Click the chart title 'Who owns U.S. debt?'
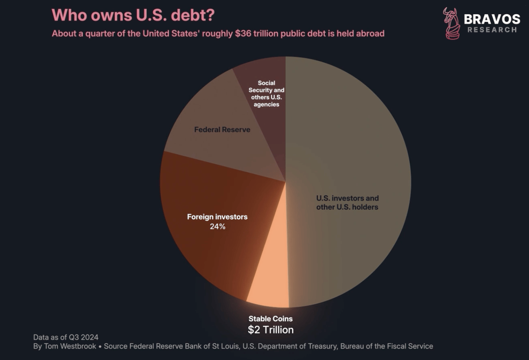(133, 15)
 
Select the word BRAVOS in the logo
(492, 19)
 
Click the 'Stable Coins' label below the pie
(271, 319)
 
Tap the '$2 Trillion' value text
(271, 329)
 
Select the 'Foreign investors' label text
(217, 217)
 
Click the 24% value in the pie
(217, 226)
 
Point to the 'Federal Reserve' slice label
(222, 130)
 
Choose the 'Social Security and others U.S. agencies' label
(267, 94)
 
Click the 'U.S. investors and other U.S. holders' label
(348, 202)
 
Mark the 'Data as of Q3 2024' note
(66, 337)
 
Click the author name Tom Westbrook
(72, 346)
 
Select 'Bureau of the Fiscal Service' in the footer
(387, 346)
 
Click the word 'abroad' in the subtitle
(370, 33)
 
